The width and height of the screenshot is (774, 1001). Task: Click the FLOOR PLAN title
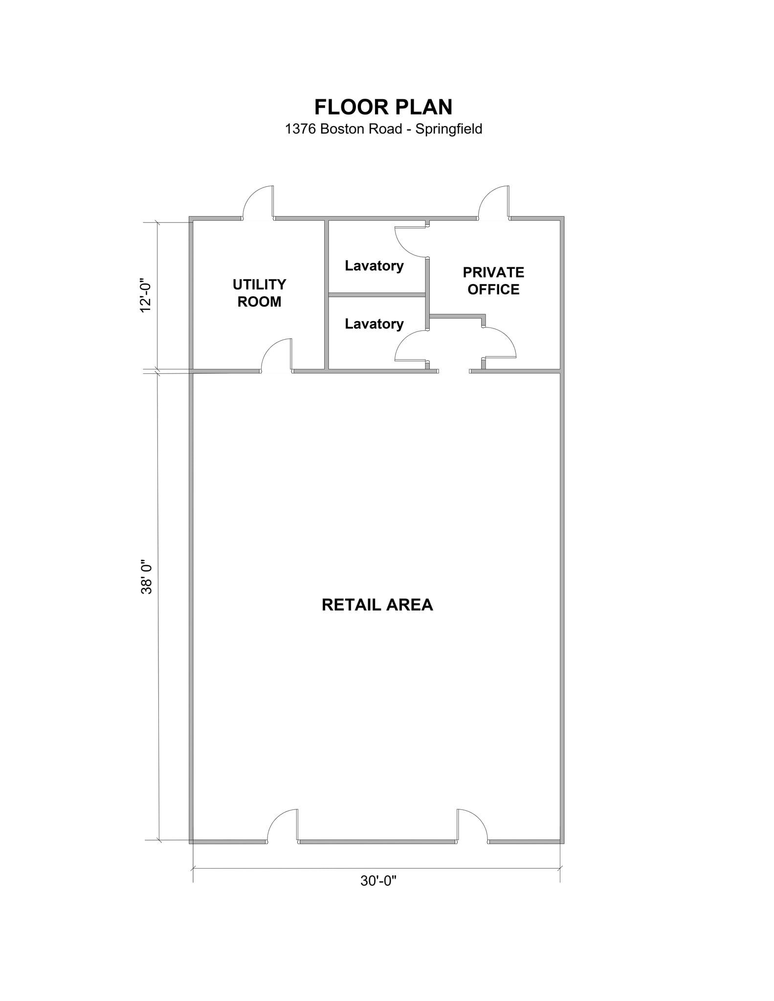coord(383,107)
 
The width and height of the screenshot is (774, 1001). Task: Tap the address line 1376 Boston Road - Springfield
coord(383,129)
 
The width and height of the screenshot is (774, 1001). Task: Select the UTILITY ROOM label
coord(259,293)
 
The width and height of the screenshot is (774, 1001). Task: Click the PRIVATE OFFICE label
coord(493,281)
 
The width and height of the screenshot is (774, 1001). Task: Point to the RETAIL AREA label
coord(377,605)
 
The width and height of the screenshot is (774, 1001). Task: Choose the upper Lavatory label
coord(374,265)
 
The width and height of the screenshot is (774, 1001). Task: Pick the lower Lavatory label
coord(374,324)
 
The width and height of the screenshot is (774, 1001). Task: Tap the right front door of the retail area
coord(471,826)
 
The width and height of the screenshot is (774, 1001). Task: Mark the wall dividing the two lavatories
coord(376,295)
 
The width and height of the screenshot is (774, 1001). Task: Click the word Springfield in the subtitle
coord(449,129)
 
